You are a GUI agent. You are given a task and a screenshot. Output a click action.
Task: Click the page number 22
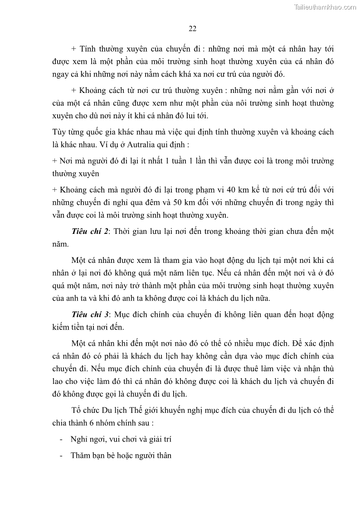192,29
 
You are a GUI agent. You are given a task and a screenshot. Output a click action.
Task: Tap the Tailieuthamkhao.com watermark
325,7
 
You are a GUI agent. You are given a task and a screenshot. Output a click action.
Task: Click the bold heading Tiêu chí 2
90,231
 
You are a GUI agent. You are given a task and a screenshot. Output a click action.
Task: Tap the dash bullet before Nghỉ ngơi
61,439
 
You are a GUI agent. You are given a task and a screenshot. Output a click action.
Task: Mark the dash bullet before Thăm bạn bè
61,456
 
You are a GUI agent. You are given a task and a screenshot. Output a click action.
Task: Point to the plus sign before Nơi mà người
55,161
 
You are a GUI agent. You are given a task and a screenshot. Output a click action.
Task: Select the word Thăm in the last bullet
80,456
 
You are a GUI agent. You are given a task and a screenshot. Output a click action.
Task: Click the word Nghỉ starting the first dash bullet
79,439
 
